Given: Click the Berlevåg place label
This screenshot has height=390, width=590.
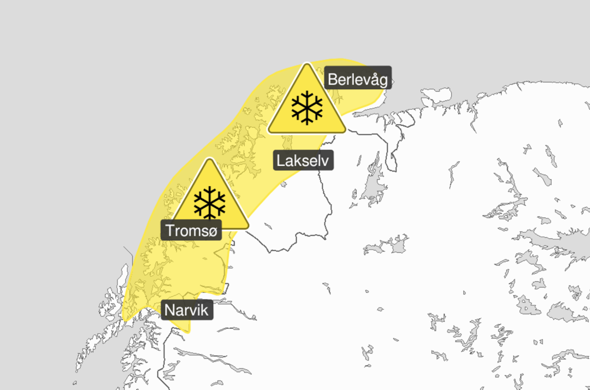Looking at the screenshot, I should point(358,79).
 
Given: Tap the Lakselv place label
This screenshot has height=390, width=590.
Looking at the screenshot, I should point(303,161).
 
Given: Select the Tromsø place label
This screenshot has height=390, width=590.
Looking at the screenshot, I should point(192,231).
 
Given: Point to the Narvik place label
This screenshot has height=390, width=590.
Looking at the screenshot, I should point(186,311).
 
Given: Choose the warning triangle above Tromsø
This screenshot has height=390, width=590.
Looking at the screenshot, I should point(209,199).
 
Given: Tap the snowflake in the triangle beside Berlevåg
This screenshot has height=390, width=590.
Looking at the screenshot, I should point(307,108).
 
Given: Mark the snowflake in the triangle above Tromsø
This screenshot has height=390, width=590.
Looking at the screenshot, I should point(209,202).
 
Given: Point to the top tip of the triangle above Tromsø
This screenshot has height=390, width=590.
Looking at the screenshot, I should point(209,160).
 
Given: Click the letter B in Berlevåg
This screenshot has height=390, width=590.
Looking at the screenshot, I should point(332,80).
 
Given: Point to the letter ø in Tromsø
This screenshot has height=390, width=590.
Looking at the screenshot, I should point(214,231).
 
